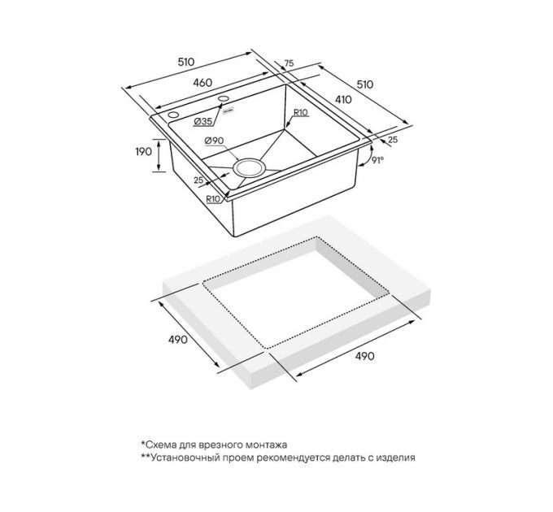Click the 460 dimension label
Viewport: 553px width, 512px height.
click(x=202, y=83)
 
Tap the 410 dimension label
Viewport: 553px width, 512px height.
click(x=343, y=100)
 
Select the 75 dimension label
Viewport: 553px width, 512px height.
click(x=289, y=63)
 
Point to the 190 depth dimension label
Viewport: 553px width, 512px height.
click(x=144, y=151)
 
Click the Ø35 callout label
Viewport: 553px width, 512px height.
click(x=203, y=121)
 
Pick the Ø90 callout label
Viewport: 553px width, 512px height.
click(x=214, y=141)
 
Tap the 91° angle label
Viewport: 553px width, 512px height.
click(x=377, y=160)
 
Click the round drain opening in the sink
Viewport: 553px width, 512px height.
click(x=249, y=167)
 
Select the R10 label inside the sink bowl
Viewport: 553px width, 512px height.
click(x=301, y=112)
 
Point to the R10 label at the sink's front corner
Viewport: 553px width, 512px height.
click(x=213, y=199)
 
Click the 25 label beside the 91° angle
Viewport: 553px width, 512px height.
click(x=393, y=140)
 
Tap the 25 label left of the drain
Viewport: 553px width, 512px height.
click(x=198, y=180)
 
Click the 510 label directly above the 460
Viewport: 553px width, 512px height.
click(x=186, y=62)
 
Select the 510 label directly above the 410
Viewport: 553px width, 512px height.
click(x=364, y=85)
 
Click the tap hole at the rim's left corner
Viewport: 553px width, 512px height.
click(x=173, y=115)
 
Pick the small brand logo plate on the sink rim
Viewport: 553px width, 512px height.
click(x=229, y=109)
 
